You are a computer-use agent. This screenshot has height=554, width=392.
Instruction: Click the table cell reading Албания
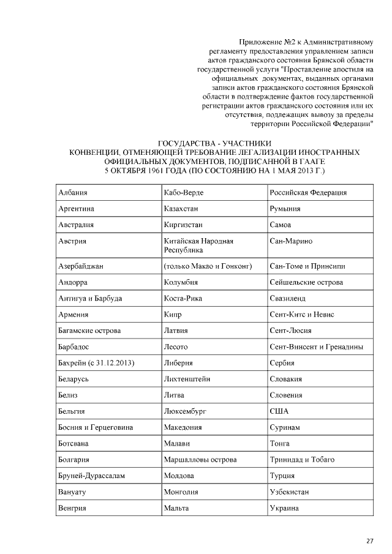tap(73, 192)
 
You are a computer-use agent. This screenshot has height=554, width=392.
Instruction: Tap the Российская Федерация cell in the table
tap(309, 192)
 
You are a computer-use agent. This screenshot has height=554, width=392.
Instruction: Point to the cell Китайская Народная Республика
tap(199, 245)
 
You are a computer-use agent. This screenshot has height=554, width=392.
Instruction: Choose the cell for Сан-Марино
tap(292, 241)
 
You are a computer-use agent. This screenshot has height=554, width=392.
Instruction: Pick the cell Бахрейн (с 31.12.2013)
tap(96, 363)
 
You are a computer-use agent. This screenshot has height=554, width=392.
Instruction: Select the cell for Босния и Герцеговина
tap(96, 427)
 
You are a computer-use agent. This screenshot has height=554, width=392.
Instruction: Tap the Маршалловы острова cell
tap(200, 459)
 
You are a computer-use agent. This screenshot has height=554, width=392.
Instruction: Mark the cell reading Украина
tap(285, 508)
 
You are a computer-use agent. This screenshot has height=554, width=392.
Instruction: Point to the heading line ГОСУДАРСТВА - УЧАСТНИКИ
tap(214, 143)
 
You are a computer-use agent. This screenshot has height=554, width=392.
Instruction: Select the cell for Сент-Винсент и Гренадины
tap(317, 347)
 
